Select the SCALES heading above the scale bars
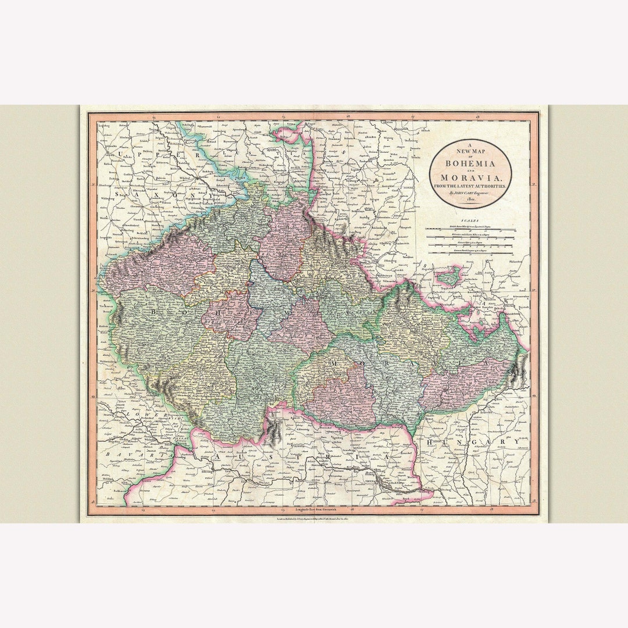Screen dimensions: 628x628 (x=470, y=221)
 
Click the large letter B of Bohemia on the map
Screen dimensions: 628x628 (x=154, y=312)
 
